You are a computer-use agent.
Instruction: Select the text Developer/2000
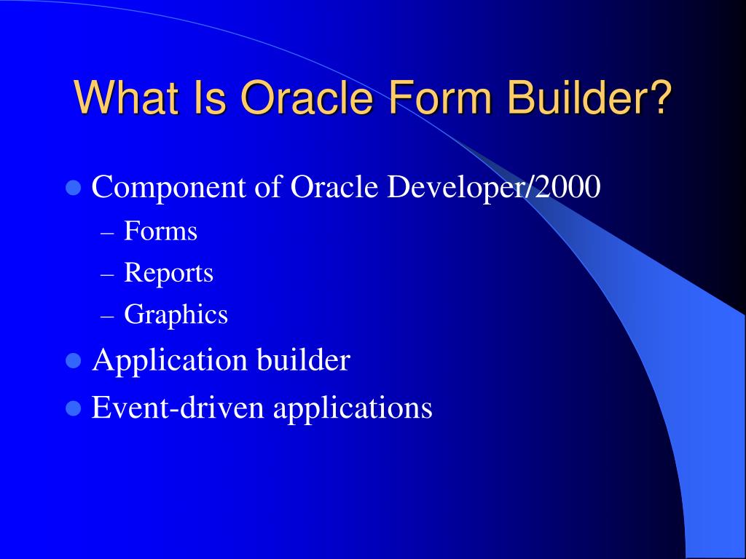click(493, 188)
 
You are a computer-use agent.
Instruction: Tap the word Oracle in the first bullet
click(334, 188)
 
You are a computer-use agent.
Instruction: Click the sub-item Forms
click(160, 231)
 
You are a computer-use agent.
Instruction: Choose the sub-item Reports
click(168, 273)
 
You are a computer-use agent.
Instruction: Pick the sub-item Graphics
click(176, 315)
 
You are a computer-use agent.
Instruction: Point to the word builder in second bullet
click(303, 360)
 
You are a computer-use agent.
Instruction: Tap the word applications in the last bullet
click(353, 408)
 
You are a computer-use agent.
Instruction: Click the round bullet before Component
click(73, 189)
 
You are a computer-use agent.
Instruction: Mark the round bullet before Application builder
click(73, 360)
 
